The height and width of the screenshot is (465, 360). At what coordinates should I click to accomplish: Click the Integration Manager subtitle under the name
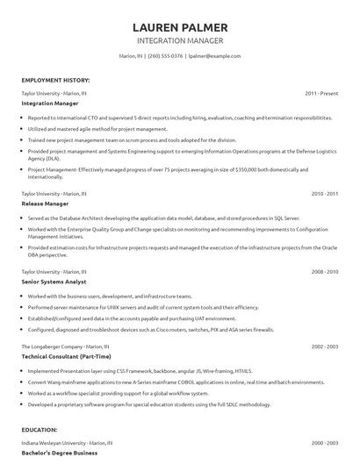[x=180, y=40]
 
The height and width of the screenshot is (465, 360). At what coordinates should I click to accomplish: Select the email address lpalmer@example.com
[x=215, y=56]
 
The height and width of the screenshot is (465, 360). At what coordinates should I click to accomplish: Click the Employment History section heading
[x=54, y=80]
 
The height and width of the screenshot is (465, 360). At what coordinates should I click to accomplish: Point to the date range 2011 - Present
[x=321, y=92]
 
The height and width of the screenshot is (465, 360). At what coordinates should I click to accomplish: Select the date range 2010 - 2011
[x=324, y=192]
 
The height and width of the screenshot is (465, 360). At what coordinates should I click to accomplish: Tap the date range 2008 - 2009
[x=324, y=272]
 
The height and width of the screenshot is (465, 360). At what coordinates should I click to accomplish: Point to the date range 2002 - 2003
[x=324, y=347]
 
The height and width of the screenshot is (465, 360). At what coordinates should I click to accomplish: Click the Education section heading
[x=40, y=429]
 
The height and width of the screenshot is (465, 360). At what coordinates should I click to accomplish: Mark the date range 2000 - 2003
[x=324, y=442]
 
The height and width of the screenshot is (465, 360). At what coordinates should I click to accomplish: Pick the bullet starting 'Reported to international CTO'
[x=176, y=118]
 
